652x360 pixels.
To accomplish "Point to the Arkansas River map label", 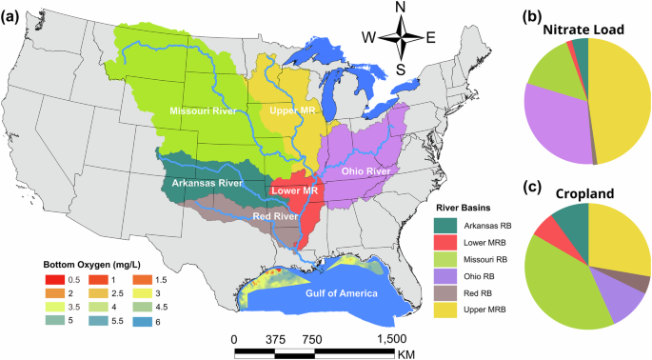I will [x=207, y=181].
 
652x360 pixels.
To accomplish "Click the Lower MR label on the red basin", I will [x=295, y=190].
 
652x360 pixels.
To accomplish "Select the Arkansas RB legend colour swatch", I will [x=447, y=225].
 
